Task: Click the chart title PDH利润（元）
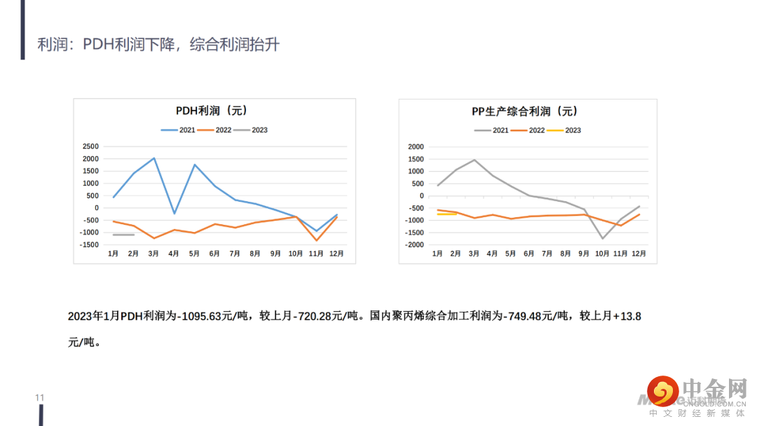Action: click(x=211, y=111)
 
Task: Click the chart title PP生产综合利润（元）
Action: click(x=524, y=111)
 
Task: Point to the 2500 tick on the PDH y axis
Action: click(x=90, y=146)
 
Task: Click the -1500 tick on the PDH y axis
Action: click(x=89, y=245)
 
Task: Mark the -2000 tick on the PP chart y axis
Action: click(x=415, y=245)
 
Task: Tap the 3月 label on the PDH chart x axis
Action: click(x=154, y=254)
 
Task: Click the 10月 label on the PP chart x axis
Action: click(x=602, y=254)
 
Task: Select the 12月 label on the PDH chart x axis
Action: click(x=336, y=254)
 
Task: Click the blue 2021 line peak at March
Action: click(x=154, y=158)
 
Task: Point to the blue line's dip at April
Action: click(x=174, y=214)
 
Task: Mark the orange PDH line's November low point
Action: click(x=317, y=240)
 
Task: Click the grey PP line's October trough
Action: click(x=602, y=238)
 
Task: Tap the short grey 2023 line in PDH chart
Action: click(x=123, y=235)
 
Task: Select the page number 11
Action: click(x=40, y=398)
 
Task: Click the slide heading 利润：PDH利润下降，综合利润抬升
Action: click(x=158, y=45)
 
